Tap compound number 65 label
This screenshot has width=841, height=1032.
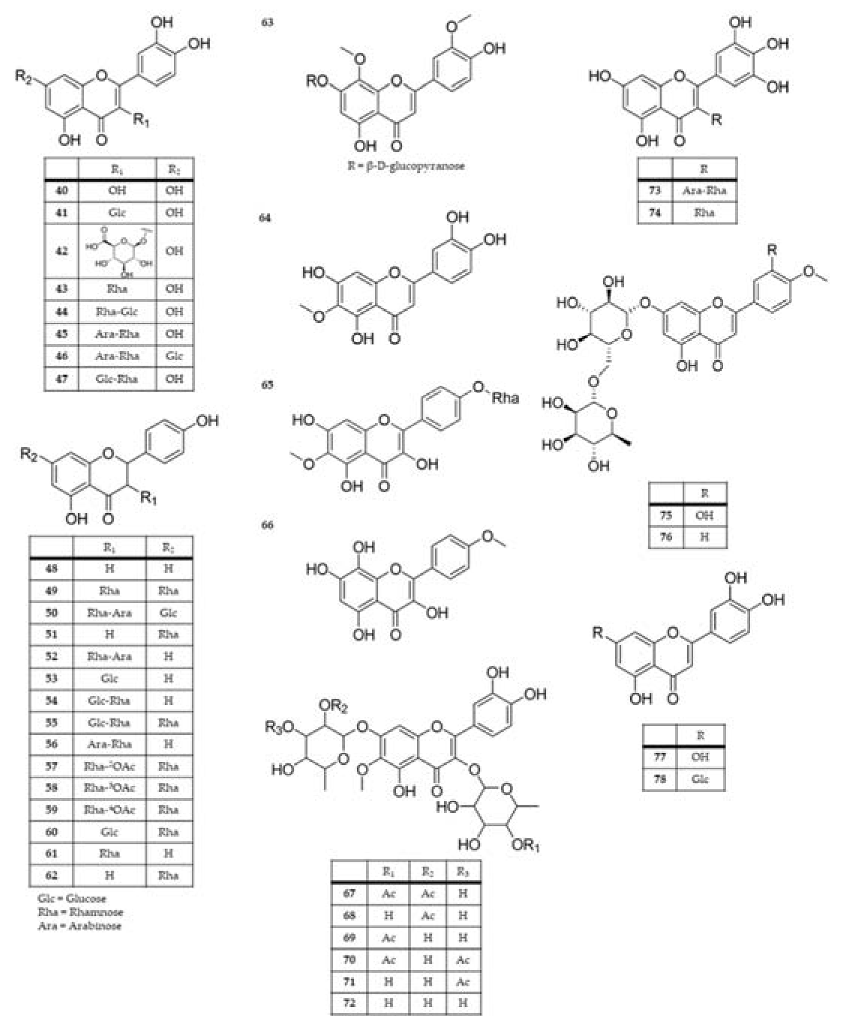pos(267,385)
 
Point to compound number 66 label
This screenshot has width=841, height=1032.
pos(267,525)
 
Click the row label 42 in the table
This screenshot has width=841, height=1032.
pos(61,251)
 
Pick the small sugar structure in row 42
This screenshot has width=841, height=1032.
pos(118,251)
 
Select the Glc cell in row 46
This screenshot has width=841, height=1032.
pos(174,356)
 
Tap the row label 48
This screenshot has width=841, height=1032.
pos(51,569)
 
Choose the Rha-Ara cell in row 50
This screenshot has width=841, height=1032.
pos(109,613)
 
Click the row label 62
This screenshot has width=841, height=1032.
pos(51,876)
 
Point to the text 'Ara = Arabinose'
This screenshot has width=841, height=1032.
pos(79,926)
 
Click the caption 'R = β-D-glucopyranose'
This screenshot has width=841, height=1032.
pos(406,166)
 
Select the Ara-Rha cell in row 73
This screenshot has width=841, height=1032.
pos(705,191)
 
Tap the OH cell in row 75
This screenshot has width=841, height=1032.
pos(705,515)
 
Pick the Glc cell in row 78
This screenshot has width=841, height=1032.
pos(700,779)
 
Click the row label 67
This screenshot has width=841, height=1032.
pos(349,893)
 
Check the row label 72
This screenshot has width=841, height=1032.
pos(349,1002)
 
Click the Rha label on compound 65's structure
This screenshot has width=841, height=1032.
pos(505,399)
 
